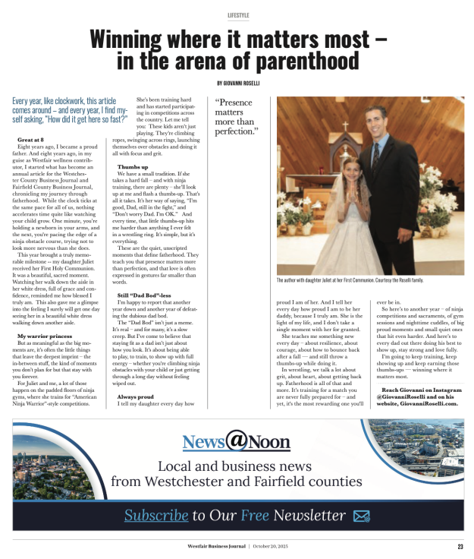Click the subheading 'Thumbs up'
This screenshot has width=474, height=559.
click(133, 166)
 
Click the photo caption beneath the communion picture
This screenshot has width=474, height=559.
click(350, 280)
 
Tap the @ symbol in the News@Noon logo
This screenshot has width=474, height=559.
click(236, 441)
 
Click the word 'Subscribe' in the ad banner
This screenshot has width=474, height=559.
click(156, 516)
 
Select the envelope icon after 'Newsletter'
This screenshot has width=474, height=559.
click(362, 516)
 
